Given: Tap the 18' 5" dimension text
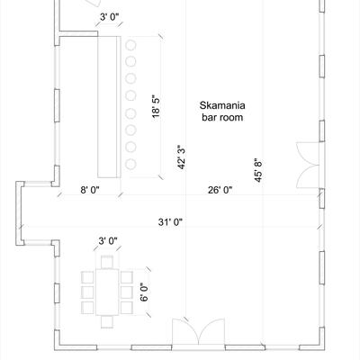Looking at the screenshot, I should tap(156, 105).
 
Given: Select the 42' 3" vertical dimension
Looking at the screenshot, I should tap(182, 157).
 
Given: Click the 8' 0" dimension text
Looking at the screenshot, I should tap(91, 190).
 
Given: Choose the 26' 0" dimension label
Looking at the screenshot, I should tap(220, 190).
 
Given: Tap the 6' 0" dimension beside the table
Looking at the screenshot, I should tap(143, 292).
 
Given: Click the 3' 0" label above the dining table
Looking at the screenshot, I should tap(108, 240).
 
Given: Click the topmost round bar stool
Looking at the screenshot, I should tap(130, 43).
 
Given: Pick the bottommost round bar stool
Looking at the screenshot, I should tap(130, 165).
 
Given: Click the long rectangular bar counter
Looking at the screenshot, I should tap(110, 105).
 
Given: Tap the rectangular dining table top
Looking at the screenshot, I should tap(107, 291).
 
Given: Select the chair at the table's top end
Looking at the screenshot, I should tap(107, 262).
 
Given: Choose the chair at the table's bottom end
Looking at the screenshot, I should tap(107, 320).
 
